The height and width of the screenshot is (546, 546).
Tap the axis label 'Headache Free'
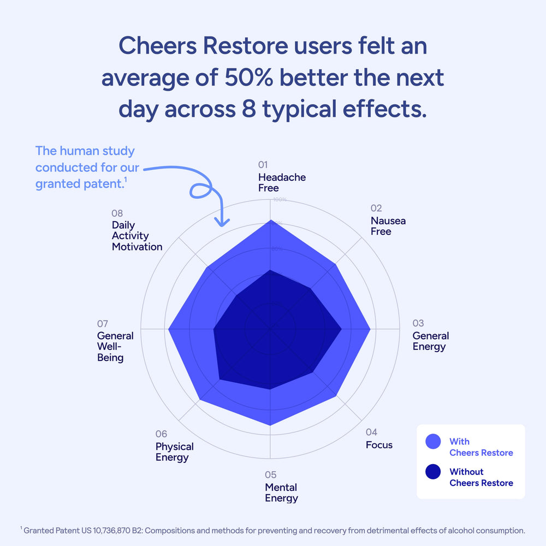[282, 182]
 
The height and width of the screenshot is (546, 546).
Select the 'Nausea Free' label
[388, 226]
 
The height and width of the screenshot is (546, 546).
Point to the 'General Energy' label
[431, 341]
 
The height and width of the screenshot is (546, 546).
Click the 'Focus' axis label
[379, 445]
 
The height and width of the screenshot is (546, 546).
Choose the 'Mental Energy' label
[282, 492]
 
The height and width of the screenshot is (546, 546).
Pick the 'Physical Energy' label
[175, 452]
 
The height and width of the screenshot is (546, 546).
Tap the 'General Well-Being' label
[115, 347]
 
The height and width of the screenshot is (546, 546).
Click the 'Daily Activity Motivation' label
[137, 236]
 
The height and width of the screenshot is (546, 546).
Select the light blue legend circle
[433, 442]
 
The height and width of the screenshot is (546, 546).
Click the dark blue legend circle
[433, 472]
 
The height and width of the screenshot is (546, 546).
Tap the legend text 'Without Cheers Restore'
[481, 477]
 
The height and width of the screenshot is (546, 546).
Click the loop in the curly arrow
[199, 191]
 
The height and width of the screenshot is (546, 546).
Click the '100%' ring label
[280, 200]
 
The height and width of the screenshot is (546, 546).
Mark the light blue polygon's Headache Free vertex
[270, 220]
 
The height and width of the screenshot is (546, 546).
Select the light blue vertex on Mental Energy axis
[270, 425]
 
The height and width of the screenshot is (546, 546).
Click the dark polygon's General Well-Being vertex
[213, 329]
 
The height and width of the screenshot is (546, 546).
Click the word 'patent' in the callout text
[104, 184]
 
